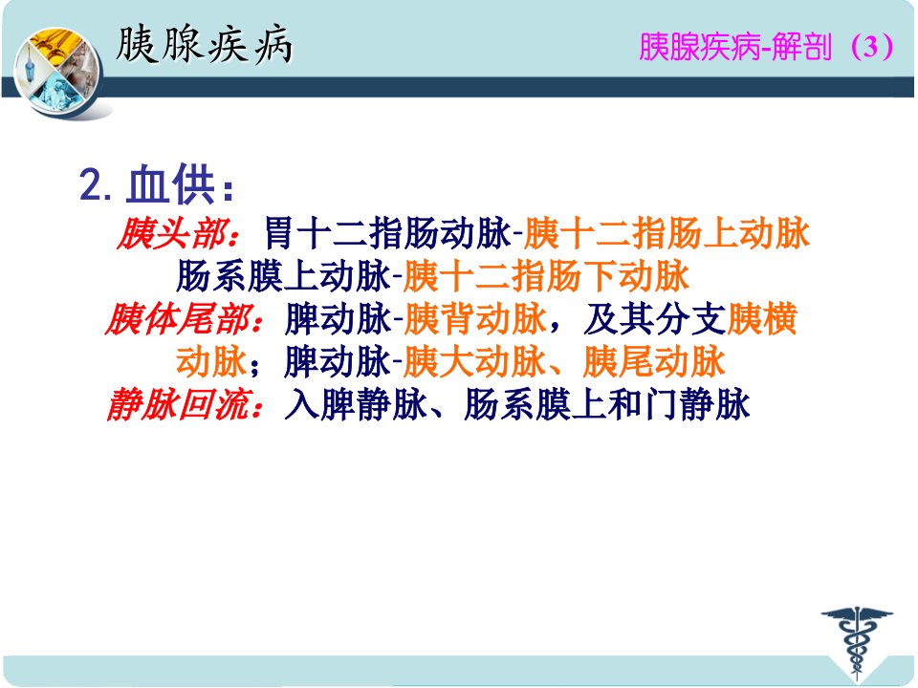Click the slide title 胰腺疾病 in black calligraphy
coord(205,45)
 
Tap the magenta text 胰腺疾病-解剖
coord(735,47)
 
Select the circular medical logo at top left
coord(57,71)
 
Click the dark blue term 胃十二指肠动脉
coord(387,233)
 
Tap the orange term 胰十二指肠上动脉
coord(667,233)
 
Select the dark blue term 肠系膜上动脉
coord(283,276)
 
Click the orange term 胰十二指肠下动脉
coord(546,276)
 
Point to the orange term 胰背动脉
coord(475,319)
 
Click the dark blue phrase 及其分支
coord(654,319)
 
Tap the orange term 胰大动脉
coord(475,361)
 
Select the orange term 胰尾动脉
coord(654,361)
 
